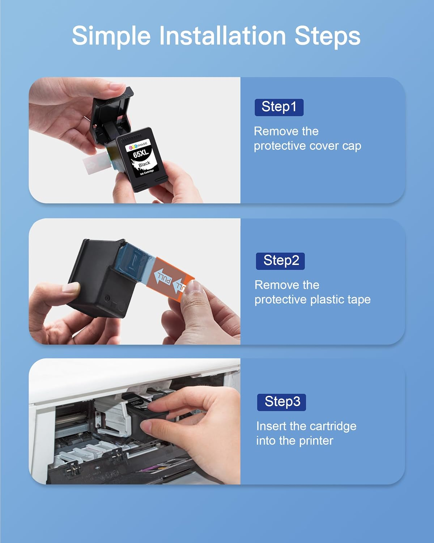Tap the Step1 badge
click(279, 107)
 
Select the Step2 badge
click(280, 261)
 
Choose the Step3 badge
click(281, 402)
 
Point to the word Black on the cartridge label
click(144, 164)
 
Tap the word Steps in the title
click(327, 36)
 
